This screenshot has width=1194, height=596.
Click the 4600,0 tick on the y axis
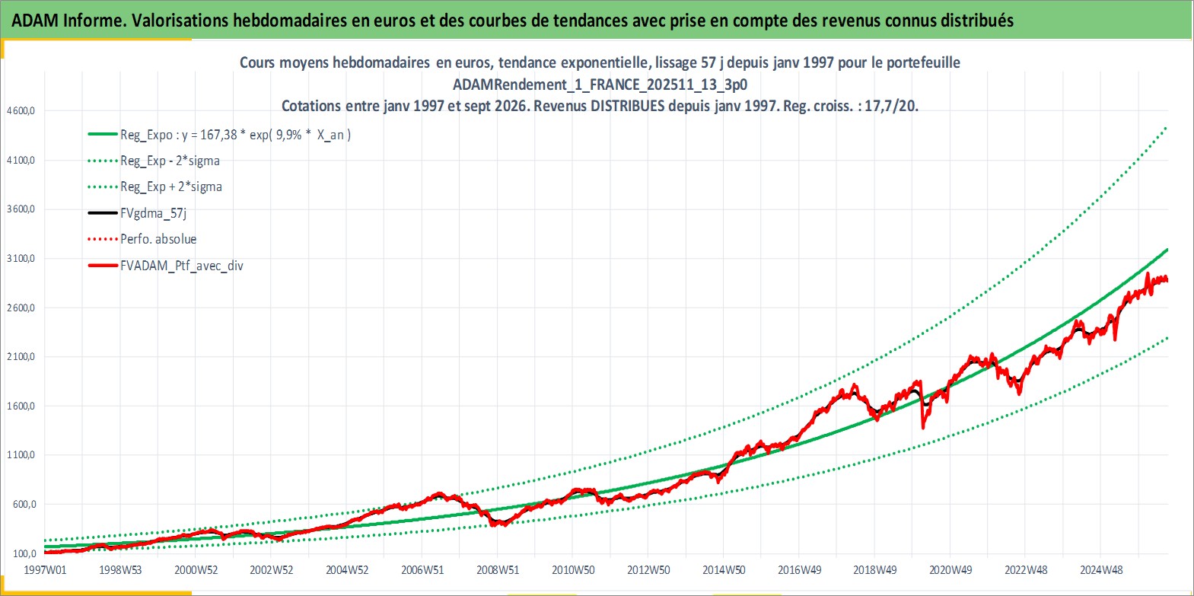click(21, 111)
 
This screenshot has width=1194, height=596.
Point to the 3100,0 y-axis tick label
click(21, 259)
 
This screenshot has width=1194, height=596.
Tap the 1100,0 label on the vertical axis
click(21, 454)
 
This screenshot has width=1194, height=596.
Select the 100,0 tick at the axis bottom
click(23, 553)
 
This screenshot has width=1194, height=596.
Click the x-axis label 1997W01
click(45, 570)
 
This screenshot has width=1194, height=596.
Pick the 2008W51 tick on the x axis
click(498, 570)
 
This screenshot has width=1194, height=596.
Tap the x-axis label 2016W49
click(799, 570)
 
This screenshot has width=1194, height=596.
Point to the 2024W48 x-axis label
click(1100, 570)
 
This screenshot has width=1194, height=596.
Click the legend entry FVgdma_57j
click(154, 213)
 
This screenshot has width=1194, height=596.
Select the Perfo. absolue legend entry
click(158, 239)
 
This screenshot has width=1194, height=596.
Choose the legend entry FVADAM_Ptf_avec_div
click(182, 266)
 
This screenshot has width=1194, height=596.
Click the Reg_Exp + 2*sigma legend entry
click(171, 187)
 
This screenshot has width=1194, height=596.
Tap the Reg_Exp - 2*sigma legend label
click(170, 161)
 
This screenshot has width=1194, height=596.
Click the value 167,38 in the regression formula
click(218, 135)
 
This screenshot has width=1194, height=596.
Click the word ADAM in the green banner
click(35, 21)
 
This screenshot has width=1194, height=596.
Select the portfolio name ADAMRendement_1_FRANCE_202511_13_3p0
click(600, 84)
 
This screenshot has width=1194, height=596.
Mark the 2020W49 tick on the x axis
click(950, 570)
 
